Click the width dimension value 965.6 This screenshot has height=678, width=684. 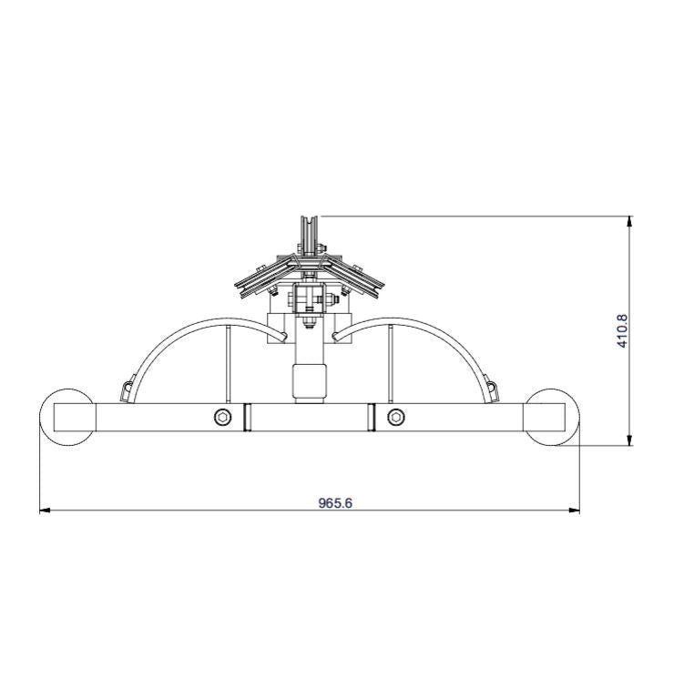click(x=334, y=502)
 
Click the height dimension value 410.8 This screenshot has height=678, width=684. click(x=622, y=331)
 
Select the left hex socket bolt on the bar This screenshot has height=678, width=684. click(x=223, y=417)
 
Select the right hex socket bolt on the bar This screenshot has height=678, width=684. click(x=395, y=417)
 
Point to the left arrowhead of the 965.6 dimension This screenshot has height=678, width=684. click(x=46, y=511)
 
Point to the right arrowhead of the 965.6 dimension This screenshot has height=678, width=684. click(x=574, y=511)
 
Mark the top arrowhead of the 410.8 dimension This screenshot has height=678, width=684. click(x=629, y=221)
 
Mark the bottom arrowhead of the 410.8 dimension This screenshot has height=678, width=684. click(x=629, y=440)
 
